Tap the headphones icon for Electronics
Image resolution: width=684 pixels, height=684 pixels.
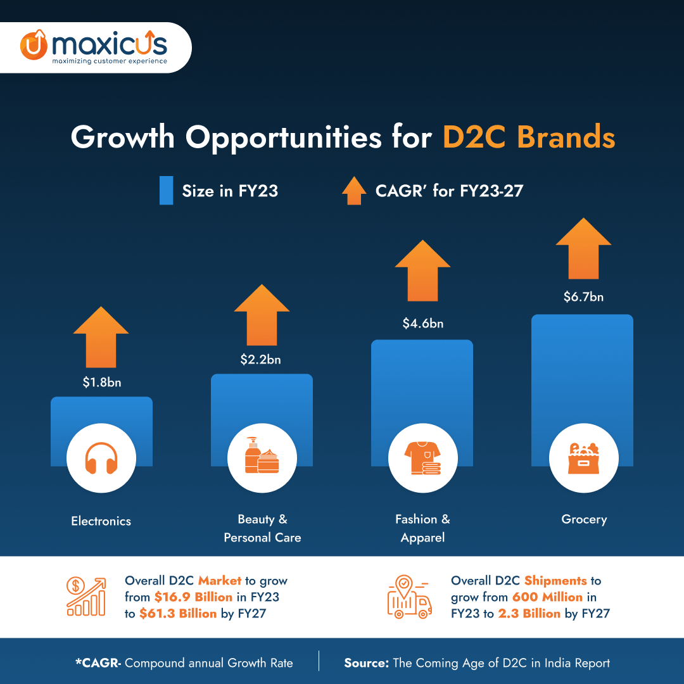coord(101,459)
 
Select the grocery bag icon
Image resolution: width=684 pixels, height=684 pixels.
coord(583,459)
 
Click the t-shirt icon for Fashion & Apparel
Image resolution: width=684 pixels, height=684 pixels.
coord(422,459)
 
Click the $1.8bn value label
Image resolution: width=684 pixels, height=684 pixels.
coord(101,383)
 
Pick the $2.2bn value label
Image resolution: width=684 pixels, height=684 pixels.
coord(260,360)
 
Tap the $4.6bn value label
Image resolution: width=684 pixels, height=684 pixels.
coord(423,324)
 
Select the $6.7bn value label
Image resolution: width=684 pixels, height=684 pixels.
coord(583,296)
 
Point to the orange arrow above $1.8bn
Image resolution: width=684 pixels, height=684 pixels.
coord(101,337)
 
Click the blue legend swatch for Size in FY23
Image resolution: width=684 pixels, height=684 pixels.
coord(166,191)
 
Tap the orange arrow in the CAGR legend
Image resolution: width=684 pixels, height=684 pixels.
coord(353,190)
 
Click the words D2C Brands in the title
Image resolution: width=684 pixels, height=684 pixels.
coord(528,137)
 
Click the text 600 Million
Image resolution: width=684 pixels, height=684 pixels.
coord(547,597)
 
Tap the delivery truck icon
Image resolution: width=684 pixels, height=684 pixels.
coord(409,598)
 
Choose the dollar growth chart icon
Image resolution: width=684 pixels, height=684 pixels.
coord(86,597)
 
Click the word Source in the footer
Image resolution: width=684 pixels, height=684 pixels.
coord(365,663)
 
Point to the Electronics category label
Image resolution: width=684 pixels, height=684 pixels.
coord(101,521)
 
